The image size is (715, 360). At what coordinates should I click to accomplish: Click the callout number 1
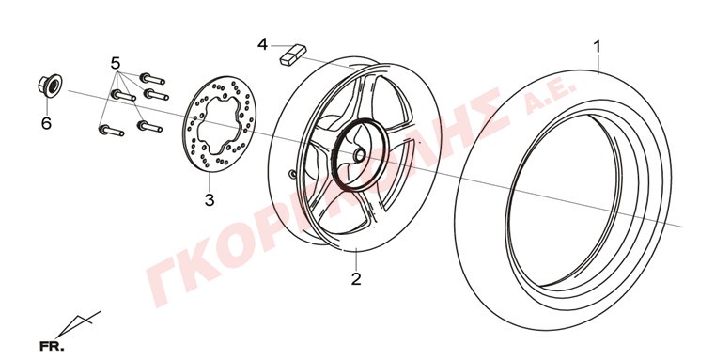(597, 47)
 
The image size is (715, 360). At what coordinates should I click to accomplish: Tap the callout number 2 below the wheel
(356, 278)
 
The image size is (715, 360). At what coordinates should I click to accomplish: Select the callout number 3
(210, 200)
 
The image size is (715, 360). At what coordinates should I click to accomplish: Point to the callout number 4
(263, 45)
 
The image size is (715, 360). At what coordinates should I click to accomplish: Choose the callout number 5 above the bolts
(116, 63)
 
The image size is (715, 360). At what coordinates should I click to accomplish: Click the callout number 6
(47, 123)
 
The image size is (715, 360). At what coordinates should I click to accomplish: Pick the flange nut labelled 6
(49, 84)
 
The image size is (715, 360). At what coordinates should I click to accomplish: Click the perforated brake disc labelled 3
(219, 125)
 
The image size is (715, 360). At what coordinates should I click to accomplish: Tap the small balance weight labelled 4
(293, 55)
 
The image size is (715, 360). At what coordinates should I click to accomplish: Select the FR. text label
(52, 346)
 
